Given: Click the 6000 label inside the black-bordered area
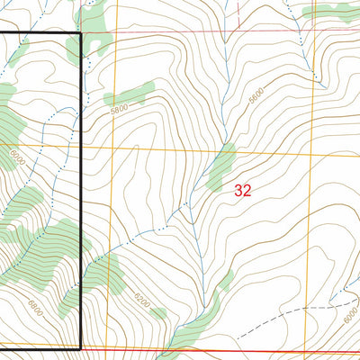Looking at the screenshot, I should [x=15, y=156].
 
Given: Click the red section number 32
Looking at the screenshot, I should [x=242, y=190].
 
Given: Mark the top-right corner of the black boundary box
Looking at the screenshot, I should [x=81, y=34].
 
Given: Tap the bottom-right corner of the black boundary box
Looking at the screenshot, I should [x=81, y=348].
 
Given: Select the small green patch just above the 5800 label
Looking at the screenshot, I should [x=130, y=94].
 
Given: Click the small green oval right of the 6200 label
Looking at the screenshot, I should [x=158, y=313].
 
